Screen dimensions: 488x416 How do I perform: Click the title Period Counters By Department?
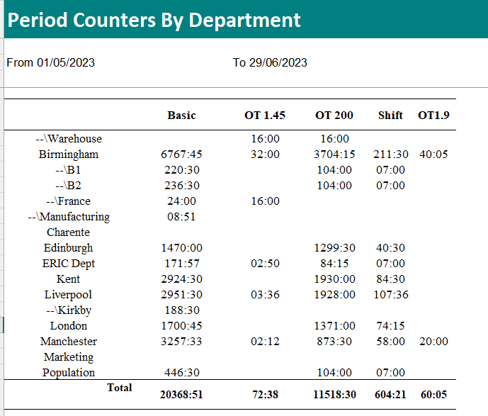[x=154, y=21]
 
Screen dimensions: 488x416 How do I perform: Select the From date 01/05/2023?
[x=66, y=62]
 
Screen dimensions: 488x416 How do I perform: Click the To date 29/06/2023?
[x=278, y=62]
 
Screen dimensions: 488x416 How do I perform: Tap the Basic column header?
[x=182, y=116]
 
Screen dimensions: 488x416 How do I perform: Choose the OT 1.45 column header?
[x=265, y=116]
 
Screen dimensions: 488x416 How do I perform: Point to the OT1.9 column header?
[x=433, y=116]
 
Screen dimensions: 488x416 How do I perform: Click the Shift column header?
[x=390, y=116]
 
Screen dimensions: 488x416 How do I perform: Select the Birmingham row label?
[x=69, y=154]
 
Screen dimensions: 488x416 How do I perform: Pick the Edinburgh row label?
[x=68, y=248]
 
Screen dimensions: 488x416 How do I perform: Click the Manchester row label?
[x=69, y=342]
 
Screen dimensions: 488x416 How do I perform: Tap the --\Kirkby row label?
[x=69, y=310]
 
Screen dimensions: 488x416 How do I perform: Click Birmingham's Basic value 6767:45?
[x=181, y=154]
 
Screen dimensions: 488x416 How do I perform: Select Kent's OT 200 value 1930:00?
[x=334, y=279]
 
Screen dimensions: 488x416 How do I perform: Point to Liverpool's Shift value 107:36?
[x=391, y=295]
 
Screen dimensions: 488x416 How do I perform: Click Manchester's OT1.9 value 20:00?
[x=433, y=342]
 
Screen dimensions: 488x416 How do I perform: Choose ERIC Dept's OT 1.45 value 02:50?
[x=265, y=264]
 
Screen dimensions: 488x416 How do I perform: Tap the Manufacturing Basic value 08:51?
[x=181, y=217]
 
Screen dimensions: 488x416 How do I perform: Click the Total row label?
[x=120, y=388]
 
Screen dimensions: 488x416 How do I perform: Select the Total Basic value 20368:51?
[x=181, y=395]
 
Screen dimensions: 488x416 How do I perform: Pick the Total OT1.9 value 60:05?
[x=433, y=395]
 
